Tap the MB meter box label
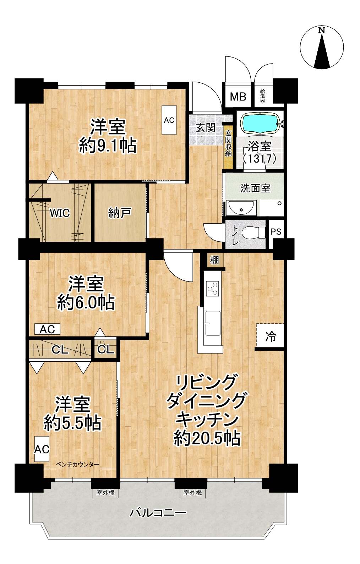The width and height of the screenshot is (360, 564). click(x=238, y=97)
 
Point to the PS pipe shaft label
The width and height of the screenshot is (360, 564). click(x=276, y=231)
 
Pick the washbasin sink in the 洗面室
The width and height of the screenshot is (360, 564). click(x=241, y=208)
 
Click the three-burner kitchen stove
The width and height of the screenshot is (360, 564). click(x=213, y=288)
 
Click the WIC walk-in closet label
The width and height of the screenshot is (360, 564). click(x=60, y=213)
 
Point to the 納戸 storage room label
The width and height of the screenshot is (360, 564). click(x=120, y=213)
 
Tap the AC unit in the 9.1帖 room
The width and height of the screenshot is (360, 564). click(x=169, y=120)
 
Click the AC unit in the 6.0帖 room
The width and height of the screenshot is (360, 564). click(x=47, y=329)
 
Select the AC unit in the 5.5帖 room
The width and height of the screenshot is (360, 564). click(x=42, y=449)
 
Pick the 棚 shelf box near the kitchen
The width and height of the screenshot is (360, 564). click(x=214, y=260)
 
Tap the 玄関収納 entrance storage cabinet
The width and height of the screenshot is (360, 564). click(x=228, y=147)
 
